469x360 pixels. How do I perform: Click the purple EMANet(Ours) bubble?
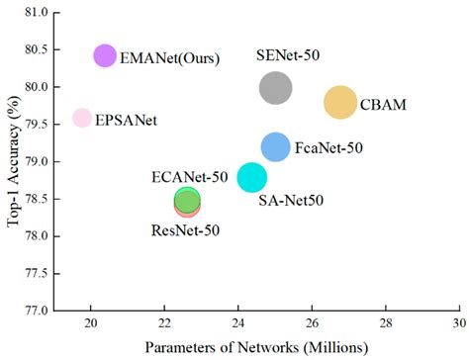pos(105,55)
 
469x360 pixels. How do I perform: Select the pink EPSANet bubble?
pos(82,119)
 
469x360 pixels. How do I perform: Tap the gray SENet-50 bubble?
pos(276,89)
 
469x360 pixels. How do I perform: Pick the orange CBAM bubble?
pos(340,102)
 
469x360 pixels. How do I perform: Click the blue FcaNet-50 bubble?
pos(276,147)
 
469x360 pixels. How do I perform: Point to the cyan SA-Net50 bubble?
pos(252,178)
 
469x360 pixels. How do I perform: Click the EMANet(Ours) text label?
pos(169,58)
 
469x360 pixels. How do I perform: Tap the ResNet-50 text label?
pos(185,230)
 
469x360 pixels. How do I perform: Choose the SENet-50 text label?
pos(289,57)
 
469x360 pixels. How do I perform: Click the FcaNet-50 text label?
pos(328,148)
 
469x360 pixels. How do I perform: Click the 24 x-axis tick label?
pos(238,323)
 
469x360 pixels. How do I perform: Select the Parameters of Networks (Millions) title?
pos(256,347)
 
